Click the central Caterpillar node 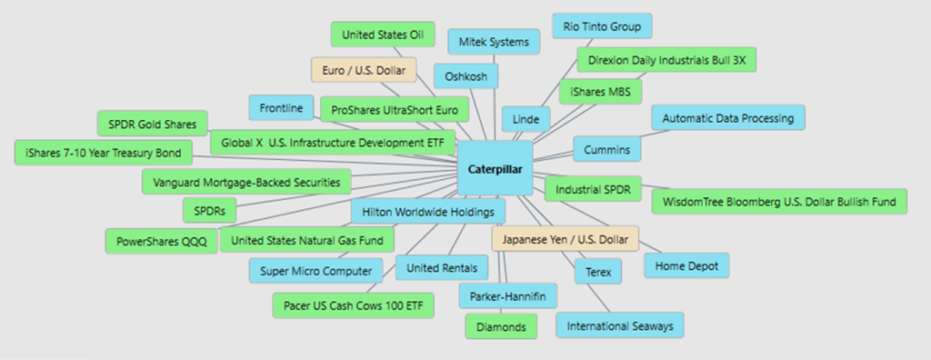[x=495, y=169]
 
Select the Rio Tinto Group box [x=602, y=26]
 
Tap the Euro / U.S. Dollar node [x=364, y=70]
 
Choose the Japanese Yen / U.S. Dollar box [x=565, y=239]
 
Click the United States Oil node [x=383, y=35]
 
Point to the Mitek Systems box [x=494, y=42]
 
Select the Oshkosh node [x=465, y=76]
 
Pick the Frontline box [x=281, y=108]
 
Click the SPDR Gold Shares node [x=152, y=125]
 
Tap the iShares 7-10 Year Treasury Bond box [x=104, y=153]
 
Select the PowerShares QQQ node [x=161, y=241]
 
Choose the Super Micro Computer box [x=315, y=271]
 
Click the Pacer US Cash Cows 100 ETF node [x=354, y=305]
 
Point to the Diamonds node [x=501, y=326]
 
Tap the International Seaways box [x=620, y=325]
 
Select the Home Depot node [x=686, y=265]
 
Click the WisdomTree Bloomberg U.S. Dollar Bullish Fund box [x=779, y=202]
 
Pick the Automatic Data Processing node [x=728, y=117]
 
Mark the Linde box [x=526, y=119]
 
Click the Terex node [x=598, y=272]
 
